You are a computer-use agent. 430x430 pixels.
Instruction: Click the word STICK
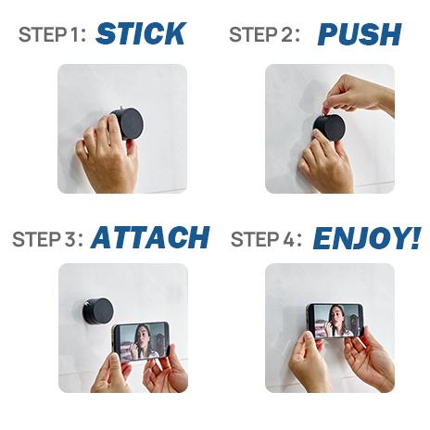pyautogui.click(x=140, y=34)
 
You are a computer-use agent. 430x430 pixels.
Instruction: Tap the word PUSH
pyautogui.click(x=359, y=34)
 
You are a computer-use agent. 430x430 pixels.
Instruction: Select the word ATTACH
pyautogui.click(x=150, y=237)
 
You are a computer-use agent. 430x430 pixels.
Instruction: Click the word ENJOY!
pyautogui.click(x=366, y=237)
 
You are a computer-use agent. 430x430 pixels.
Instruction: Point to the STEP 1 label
pyautogui.click(x=53, y=35)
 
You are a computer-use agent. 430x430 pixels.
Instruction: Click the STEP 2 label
pyautogui.click(x=264, y=35)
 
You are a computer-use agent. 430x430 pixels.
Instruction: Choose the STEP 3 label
pyautogui.click(x=47, y=238)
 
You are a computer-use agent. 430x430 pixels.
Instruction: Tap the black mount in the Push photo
pyautogui.click(x=329, y=127)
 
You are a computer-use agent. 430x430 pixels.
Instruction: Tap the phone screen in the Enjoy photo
pyautogui.click(x=335, y=321)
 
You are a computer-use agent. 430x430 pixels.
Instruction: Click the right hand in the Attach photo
pyautogui.click(x=167, y=371)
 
